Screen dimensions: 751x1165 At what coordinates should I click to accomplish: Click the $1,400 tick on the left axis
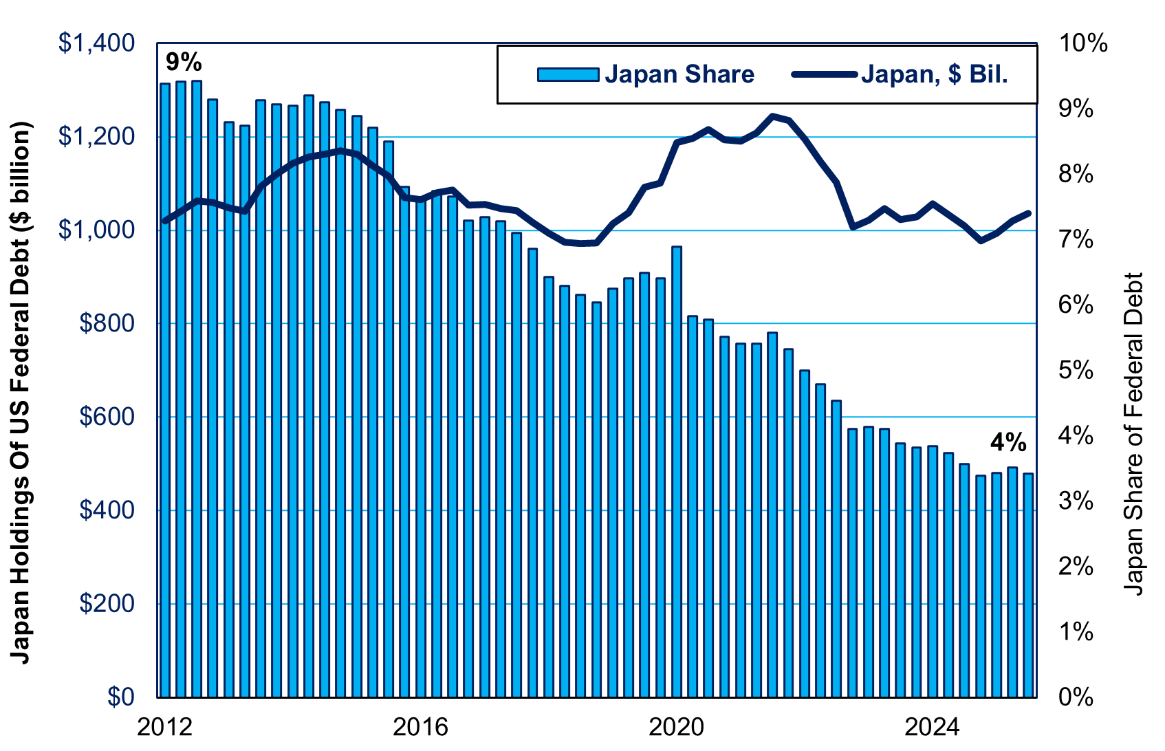point(96,43)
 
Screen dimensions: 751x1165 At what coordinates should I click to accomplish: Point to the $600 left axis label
point(106,417)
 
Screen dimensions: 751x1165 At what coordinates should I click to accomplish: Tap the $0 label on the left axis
point(122,697)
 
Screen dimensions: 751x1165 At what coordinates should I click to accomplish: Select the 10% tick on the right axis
point(1083,43)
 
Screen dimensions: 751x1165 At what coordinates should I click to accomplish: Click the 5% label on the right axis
point(1076,371)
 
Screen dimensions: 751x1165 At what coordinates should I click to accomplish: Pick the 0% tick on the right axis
point(1076,697)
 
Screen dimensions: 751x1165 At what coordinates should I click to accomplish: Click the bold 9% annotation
point(184,63)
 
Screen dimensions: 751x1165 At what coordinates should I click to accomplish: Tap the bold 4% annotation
point(1008,443)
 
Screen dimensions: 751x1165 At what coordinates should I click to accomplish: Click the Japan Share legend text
point(679,74)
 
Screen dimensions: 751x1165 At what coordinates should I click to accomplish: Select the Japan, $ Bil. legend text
point(934,74)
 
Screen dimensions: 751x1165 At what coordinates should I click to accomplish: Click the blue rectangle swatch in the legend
point(568,74)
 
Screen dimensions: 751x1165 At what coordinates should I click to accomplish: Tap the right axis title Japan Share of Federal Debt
point(1133,433)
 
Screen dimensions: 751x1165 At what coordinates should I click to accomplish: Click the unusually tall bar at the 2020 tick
point(676,468)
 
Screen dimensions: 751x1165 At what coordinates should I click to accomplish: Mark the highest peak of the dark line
point(772,116)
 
